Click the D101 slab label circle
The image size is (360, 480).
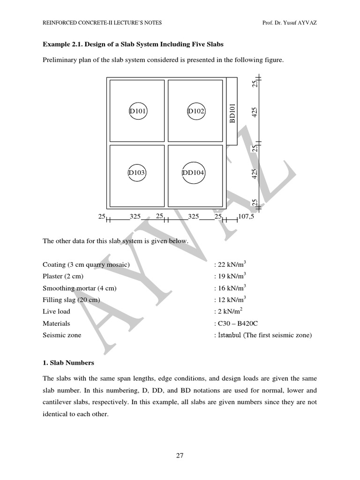pyautogui.click(x=138, y=111)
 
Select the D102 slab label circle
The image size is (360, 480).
pyautogui.click(x=196, y=111)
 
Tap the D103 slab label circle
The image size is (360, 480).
pyautogui.click(x=137, y=172)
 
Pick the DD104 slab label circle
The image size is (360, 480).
pyautogui.click(x=193, y=172)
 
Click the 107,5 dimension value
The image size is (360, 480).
pyautogui.click(x=246, y=217)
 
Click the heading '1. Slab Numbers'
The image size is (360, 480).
pyautogui.click(x=68, y=362)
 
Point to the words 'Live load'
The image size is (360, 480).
pyautogui.click(x=56, y=311)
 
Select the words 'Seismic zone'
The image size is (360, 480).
pyautogui.click(x=62, y=335)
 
